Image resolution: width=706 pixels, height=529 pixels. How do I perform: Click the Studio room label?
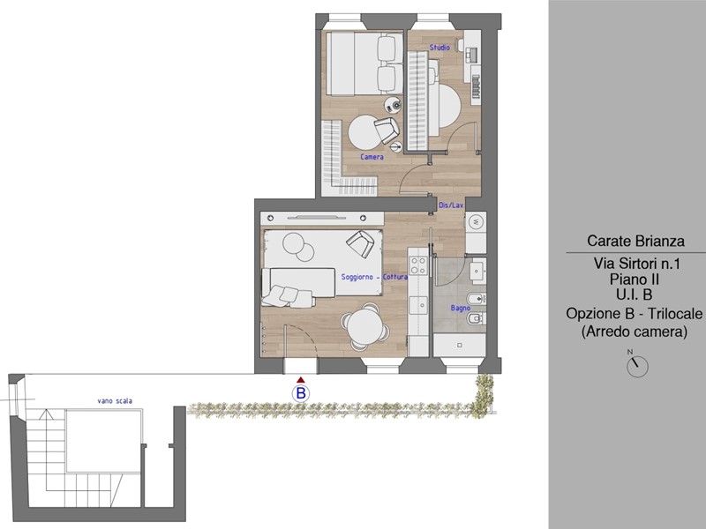439,48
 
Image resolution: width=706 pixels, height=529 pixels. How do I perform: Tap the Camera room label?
372,157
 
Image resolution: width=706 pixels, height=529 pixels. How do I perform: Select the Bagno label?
460,308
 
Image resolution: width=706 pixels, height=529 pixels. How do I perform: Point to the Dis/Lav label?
451,205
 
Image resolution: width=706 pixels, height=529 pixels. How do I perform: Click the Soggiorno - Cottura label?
374,277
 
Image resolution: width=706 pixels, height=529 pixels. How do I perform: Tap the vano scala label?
115,401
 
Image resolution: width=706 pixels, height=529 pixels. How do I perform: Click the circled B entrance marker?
301,393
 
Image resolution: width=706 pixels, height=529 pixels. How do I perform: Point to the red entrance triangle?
301,381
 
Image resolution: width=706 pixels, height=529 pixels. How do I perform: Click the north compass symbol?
637,366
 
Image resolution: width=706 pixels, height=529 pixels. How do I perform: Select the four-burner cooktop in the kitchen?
417,265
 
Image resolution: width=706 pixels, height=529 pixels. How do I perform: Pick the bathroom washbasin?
477,271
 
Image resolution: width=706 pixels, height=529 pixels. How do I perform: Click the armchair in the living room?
360,243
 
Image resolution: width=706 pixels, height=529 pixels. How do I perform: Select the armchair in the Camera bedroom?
387,130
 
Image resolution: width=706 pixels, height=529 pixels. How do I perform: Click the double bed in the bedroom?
364,63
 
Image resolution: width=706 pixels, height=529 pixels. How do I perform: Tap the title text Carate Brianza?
635,241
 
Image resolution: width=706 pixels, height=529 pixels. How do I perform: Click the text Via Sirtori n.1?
636,263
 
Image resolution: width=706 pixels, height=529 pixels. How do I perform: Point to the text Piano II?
635,279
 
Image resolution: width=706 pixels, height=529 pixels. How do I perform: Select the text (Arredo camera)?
635,332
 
